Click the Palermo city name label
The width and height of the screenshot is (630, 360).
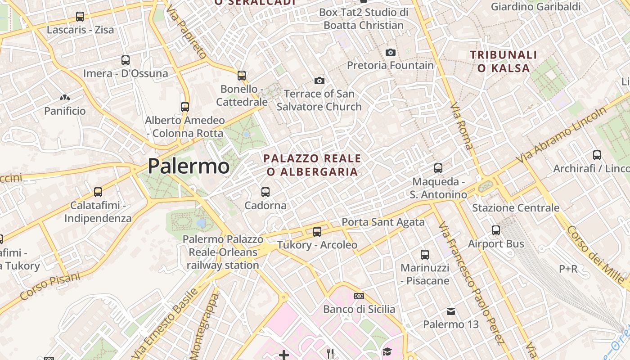tap(189, 166)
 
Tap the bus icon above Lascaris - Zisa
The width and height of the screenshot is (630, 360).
tap(80, 17)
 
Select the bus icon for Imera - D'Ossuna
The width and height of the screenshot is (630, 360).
tap(126, 60)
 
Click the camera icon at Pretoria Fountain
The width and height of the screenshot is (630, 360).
tap(391, 52)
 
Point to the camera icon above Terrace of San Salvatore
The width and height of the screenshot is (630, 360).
tap(319, 81)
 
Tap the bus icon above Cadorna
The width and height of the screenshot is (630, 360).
tap(265, 192)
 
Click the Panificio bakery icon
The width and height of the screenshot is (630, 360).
tap(65, 98)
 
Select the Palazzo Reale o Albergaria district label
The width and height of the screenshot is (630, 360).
tap(312, 165)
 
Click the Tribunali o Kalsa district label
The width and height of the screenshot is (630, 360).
tap(504, 62)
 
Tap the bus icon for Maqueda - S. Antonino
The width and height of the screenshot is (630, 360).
tap(438, 168)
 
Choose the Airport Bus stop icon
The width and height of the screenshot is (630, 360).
tap(496, 230)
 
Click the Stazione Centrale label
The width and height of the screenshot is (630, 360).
tap(516, 208)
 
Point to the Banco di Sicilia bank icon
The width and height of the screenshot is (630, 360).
tap(359, 296)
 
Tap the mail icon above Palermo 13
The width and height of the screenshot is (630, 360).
tap(451, 311)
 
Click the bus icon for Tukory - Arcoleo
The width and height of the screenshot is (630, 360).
tap(317, 232)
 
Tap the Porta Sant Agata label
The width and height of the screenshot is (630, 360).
tap(383, 222)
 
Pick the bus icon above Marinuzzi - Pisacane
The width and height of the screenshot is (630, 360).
tap(425, 255)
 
